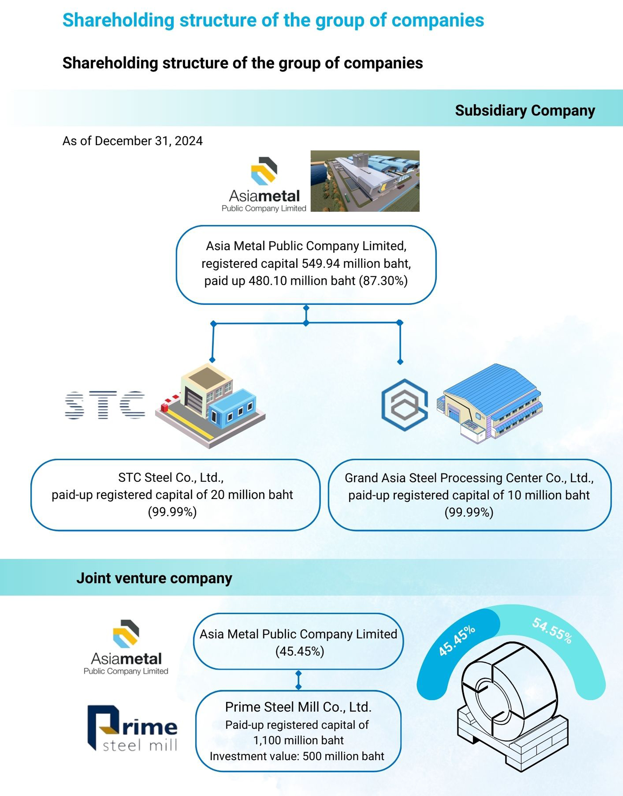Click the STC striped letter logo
point(105,405)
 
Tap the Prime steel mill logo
point(132,728)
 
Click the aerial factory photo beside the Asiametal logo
point(365,181)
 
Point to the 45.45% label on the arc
point(457,641)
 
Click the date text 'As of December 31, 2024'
point(132,141)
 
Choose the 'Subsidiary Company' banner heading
point(525,111)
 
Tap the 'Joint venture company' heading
point(154,578)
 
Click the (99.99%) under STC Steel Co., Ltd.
point(172,512)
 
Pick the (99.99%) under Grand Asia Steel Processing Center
point(469,512)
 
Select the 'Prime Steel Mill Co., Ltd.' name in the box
point(298,707)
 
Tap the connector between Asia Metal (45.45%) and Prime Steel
point(298,680)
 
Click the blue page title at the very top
point(273,20)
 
